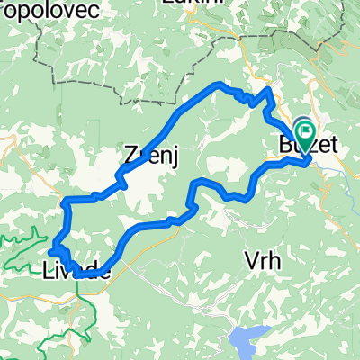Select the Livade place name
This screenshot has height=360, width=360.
[x=76, y=268]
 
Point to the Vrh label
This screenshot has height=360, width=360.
[x=265, y=261]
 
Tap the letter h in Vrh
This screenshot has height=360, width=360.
[x=278, y=261]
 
